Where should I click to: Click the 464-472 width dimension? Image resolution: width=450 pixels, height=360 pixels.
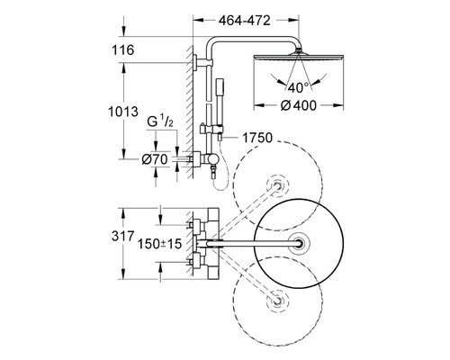tap(245, 21)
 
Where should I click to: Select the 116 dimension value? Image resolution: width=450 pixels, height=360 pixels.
tap(123, 49)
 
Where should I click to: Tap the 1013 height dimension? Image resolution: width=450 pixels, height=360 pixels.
tap(123, 112)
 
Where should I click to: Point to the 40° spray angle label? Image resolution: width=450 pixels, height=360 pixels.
tap(298, 87)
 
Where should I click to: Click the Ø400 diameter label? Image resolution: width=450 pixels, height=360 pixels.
tap(298, 105)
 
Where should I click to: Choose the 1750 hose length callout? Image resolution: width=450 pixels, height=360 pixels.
tap(257, 138)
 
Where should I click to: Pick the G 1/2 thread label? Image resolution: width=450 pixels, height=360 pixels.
tap(160, 122)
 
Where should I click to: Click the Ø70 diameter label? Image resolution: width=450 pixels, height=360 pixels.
tap(155, 159)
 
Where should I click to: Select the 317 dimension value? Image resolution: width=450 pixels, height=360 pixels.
tap(122, 236)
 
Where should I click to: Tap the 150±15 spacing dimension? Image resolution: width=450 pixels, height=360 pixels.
tap(159, 244)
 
